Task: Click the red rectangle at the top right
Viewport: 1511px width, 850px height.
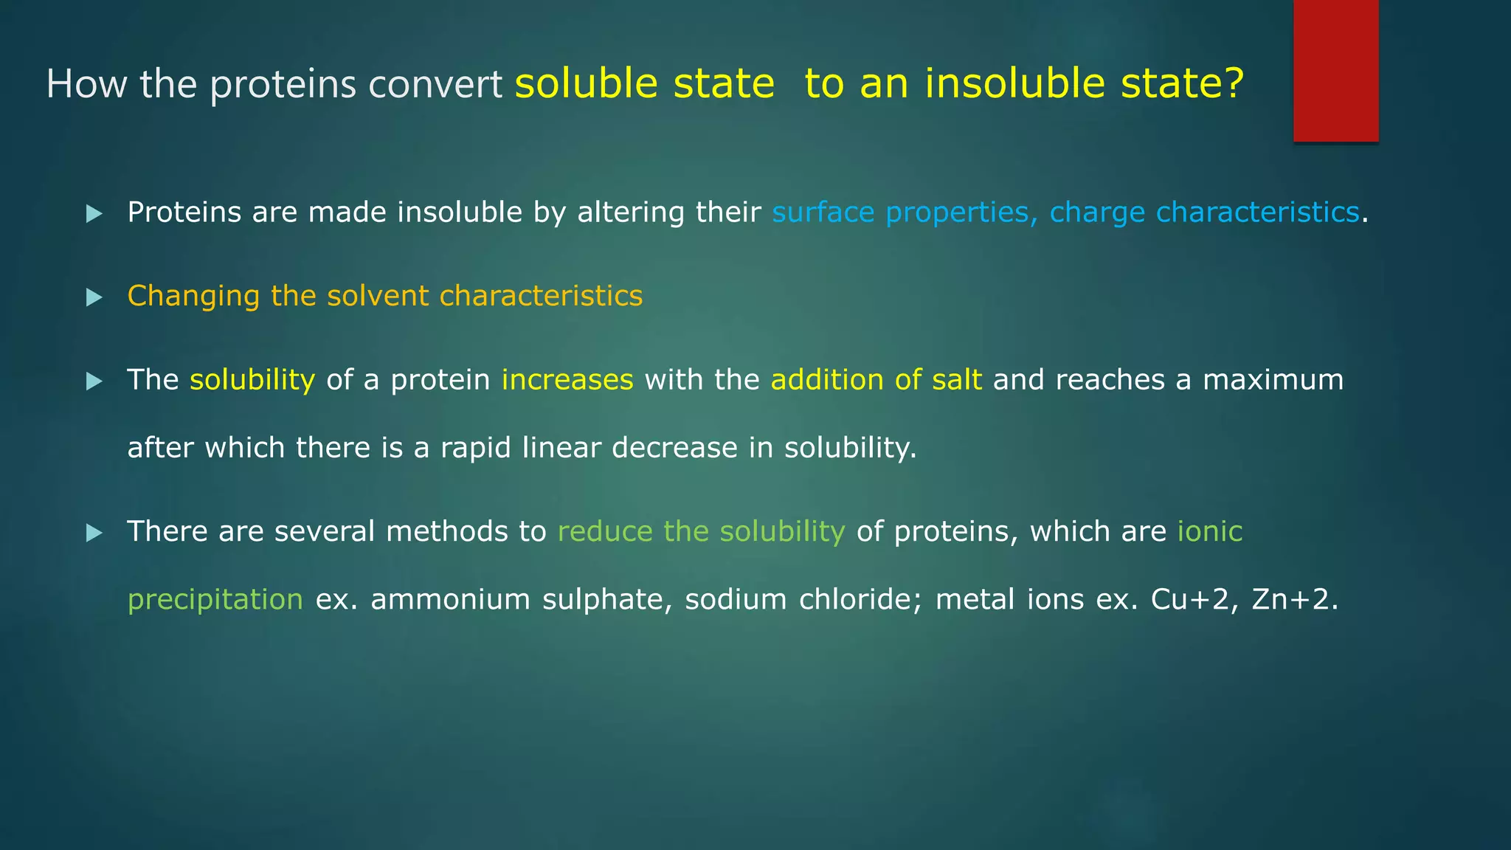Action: pyautogui.click(x=1335, y=70)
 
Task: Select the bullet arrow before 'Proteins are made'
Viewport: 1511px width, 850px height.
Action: pyautogui.click(x=94, y=214)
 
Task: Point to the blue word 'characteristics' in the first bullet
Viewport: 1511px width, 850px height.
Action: pyautogui.click(x=1256, y=212)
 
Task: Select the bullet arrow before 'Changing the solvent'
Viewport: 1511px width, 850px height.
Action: pyautogui.click(x=94, y=297)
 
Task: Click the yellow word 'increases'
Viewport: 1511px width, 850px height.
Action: pyautogui.click(x=567, y=380)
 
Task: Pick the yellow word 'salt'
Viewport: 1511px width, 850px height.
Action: pyautogui.click(x=956, y=380)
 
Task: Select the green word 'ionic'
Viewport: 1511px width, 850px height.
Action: pyautogui.click(x=1209, y=531)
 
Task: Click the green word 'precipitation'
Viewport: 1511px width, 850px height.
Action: pyautogui.click(x=215, y=600)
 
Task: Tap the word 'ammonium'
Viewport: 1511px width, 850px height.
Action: pyautogui.click(x=450, y=600)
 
